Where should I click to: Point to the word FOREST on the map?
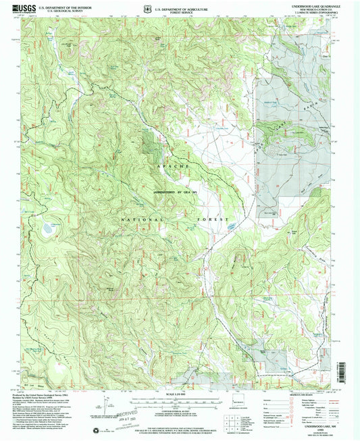click(206, 220)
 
